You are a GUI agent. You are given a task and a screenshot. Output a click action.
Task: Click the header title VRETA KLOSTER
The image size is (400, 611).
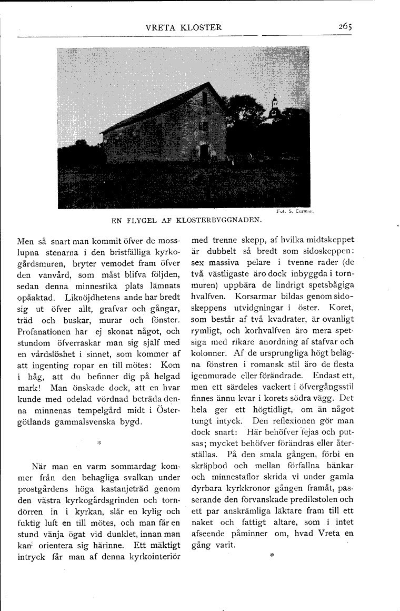click(x=184, y=27)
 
